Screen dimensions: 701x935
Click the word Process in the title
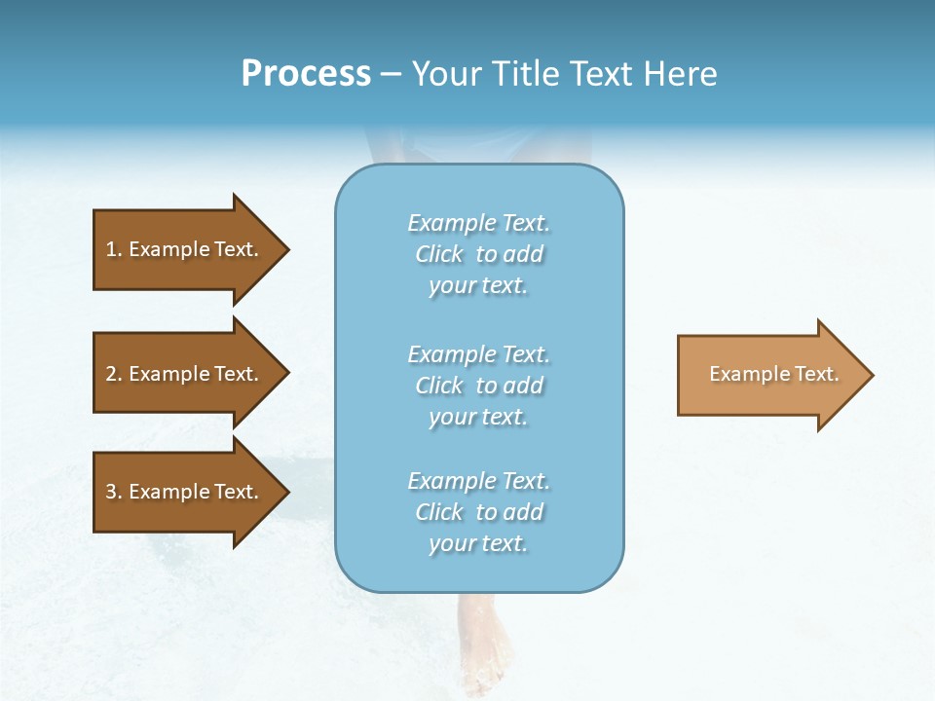tap(306, 74)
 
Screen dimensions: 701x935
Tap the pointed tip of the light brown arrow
tap(871, 375)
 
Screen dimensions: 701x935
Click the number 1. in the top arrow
tap(113, 249)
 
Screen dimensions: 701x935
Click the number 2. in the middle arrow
tap(113, 374)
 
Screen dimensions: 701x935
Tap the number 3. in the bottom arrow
tap(113, 492)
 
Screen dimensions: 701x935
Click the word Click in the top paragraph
tap(439, 254)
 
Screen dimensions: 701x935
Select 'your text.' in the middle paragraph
tap(478, 417)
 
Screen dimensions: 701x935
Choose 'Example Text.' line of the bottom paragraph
tap(478, 481)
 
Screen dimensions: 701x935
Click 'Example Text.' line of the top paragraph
tap(478, 223)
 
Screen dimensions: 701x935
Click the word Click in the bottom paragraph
tap(439, 512)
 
